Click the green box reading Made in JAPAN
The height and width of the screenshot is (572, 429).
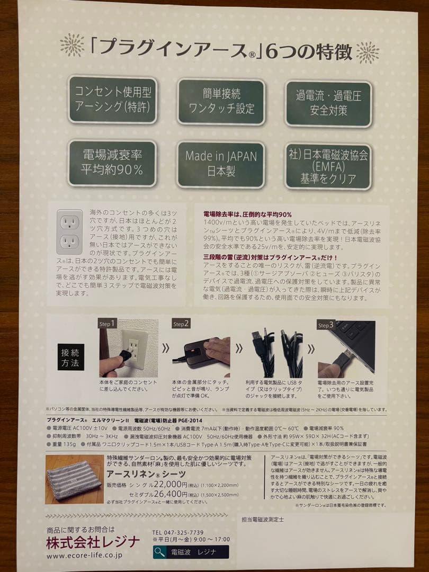[221, 164]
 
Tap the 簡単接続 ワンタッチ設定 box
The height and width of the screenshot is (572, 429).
[221, 101]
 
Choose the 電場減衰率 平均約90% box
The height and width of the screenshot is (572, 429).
[112, 163]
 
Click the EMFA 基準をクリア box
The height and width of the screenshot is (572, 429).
[328, 166]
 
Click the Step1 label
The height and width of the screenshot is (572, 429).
[108, 324]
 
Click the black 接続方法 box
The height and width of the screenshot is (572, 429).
[71, 356]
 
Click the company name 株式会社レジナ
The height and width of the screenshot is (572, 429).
[93, 542]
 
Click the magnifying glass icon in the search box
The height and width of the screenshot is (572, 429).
[159, 552]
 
